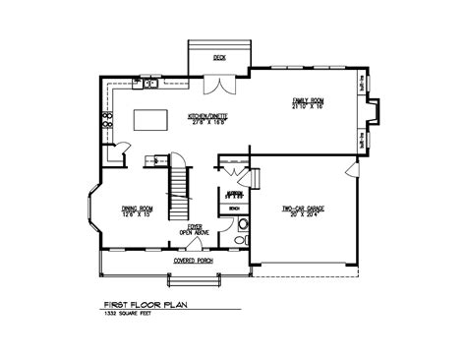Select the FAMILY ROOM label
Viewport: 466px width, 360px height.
306,100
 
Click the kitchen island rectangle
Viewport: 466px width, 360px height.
150,120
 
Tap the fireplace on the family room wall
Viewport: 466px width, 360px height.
368,125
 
